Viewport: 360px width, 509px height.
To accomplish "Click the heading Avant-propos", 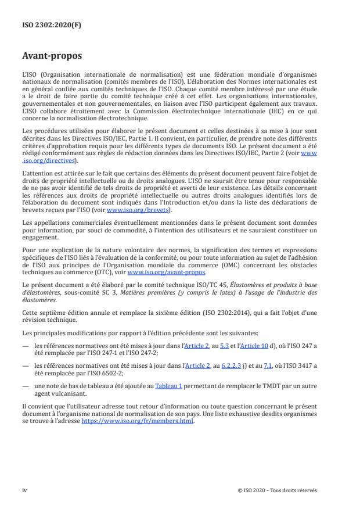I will tap(52, 56).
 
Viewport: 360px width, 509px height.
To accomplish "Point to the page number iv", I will tap(24, 490).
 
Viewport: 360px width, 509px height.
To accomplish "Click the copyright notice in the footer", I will tap(278, 490).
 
